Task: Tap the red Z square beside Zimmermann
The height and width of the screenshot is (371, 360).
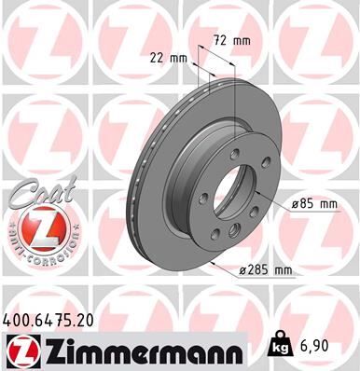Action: tap(19, 350)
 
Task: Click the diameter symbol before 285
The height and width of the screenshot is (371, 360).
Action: tap(242, 270)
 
